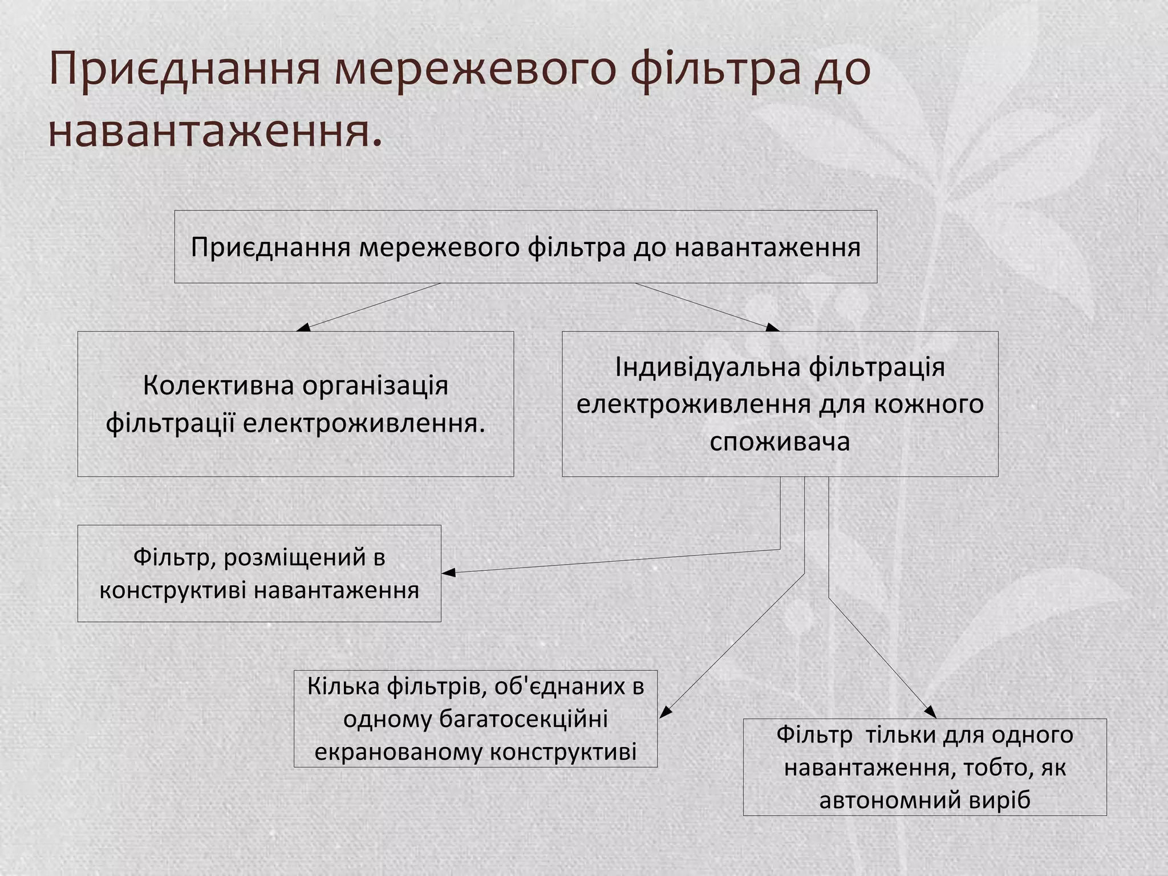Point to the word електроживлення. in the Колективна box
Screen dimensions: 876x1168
364,423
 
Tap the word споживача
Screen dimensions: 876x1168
780,441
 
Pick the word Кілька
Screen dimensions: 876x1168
343,686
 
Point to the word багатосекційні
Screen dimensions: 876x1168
523,719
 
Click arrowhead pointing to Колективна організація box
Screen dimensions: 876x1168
303,327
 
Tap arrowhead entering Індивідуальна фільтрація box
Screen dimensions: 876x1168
773,327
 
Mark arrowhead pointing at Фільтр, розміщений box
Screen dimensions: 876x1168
448,573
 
